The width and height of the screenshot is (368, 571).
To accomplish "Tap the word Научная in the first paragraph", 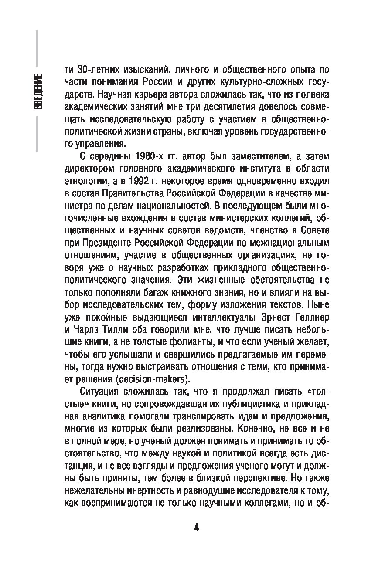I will pos(119,94).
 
